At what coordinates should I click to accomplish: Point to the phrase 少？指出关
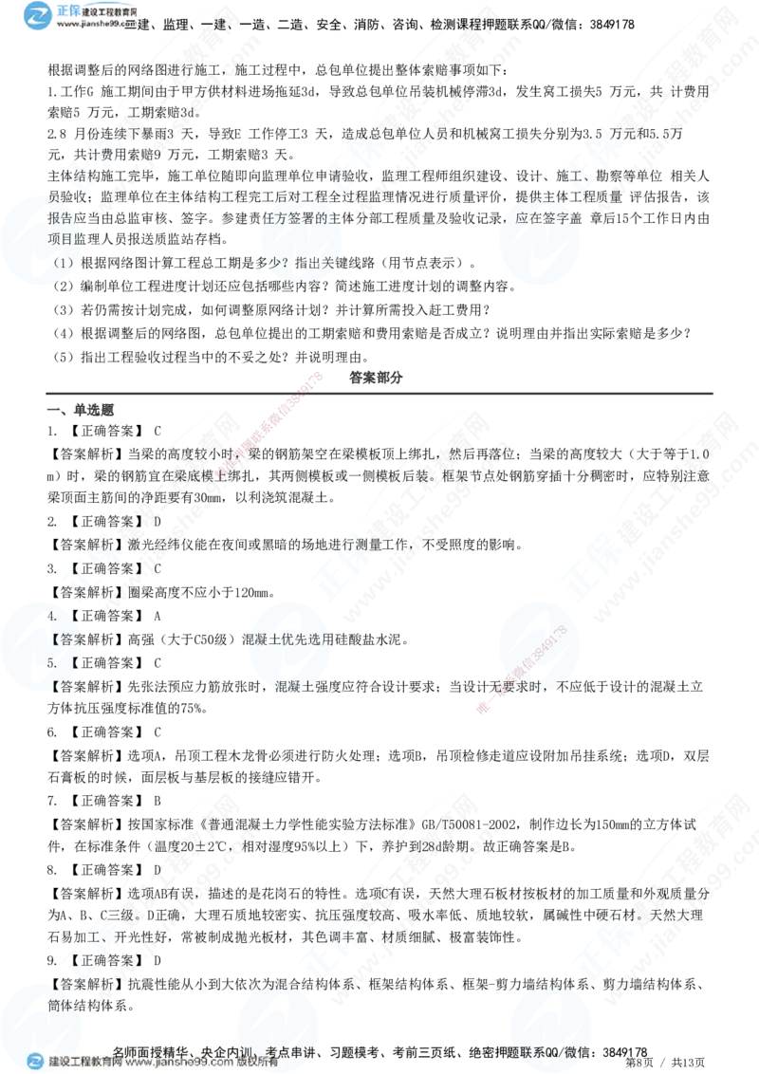point(294,262)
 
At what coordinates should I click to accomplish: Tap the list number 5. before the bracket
point(53,661)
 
